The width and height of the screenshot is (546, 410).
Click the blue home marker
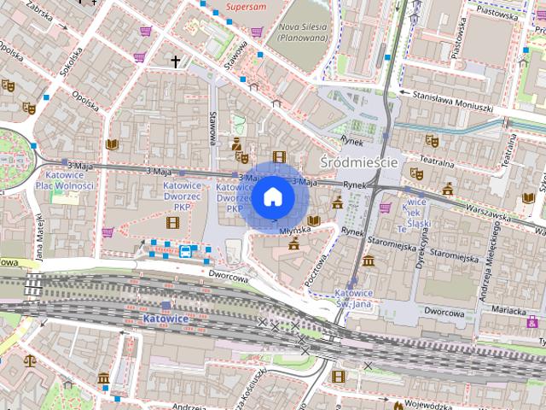point(273,197)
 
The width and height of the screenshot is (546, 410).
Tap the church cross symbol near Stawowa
point(177,61)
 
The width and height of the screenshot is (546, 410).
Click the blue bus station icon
point(185,251)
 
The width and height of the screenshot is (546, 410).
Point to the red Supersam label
point(246,7)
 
